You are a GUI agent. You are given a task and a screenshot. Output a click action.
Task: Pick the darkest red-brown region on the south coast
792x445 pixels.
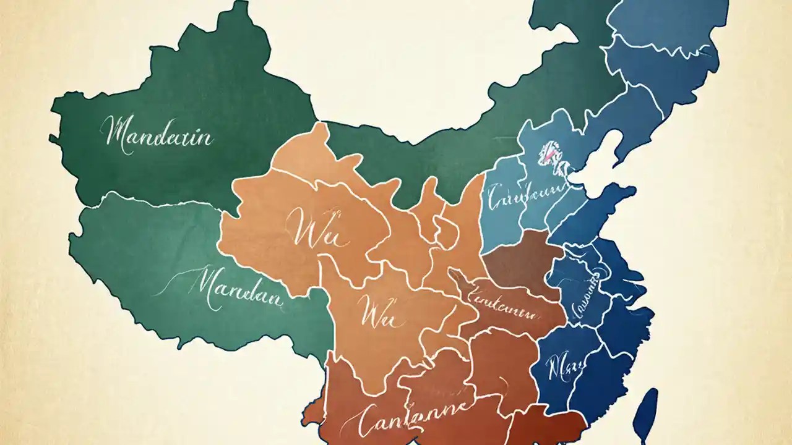(x=548, y=426)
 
